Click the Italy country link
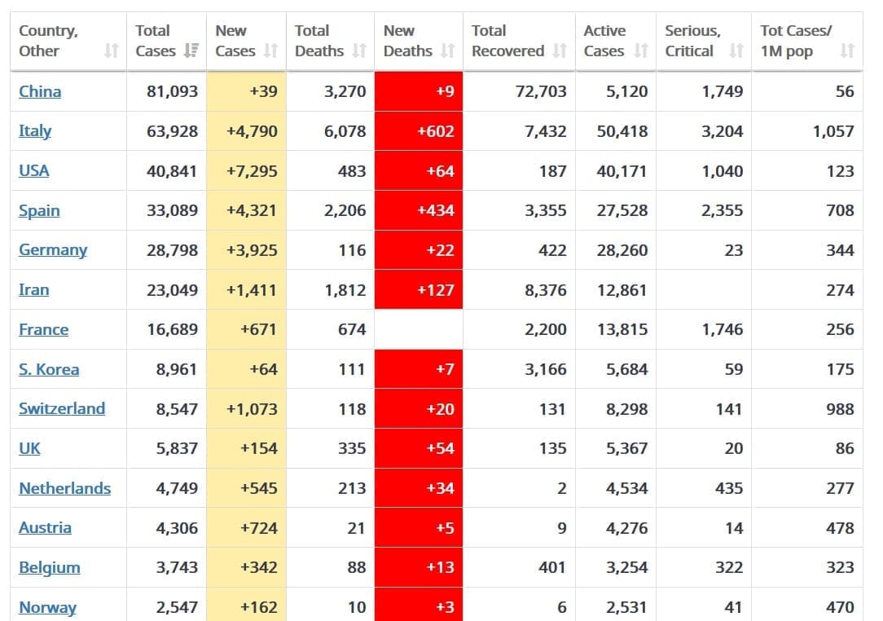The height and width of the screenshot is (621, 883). click(35, 131)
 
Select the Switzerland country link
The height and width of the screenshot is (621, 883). click(62, 408)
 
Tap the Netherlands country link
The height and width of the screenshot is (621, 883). click(64, 488)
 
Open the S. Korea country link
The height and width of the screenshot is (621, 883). click(49, 369)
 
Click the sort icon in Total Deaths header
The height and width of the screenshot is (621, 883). click(359, 51)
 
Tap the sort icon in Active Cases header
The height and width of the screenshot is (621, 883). click(641, 51)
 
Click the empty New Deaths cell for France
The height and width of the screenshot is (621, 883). click(418, 329)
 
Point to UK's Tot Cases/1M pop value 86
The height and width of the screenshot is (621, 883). click(845, 448)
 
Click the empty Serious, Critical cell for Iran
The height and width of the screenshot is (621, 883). click(704, 290)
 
